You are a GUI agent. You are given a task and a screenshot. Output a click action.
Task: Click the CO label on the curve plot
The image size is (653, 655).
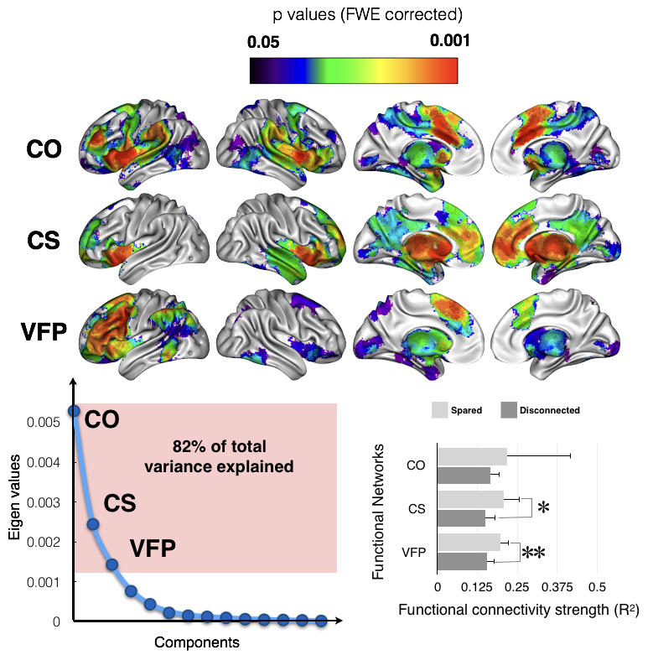tap(102, 418)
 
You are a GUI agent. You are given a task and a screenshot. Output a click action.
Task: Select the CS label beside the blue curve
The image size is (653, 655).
tap(119, 503)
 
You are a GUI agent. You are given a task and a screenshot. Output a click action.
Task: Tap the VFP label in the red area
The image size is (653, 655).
tap(152, 549)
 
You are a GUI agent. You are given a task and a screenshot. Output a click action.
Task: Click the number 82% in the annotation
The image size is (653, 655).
tap(189, 446)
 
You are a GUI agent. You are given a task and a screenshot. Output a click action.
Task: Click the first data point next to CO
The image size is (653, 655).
tap(74, 410)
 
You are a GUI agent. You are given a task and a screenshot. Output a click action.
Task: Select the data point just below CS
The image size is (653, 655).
tap(93, 524)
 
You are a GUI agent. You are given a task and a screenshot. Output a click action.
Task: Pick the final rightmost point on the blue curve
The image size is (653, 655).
tap(321, 621)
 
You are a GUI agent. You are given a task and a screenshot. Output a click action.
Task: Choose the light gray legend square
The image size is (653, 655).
tap(440, 410)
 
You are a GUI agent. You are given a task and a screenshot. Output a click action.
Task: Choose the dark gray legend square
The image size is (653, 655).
tap(509, 410)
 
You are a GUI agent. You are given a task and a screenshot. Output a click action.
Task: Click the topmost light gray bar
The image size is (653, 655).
tap(472, 456)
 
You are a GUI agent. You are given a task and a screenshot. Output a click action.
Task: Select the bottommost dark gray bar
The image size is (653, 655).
tap(462, 561)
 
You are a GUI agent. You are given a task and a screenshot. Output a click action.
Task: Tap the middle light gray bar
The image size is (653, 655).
tap(470, 499)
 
